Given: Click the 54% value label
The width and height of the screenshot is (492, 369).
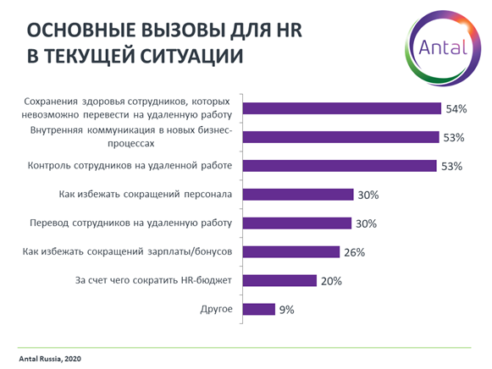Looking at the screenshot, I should coord(457,108).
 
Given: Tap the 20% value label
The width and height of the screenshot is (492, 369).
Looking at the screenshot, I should coord(332,281).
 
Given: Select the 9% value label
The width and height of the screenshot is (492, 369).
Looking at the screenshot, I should coord(286,310).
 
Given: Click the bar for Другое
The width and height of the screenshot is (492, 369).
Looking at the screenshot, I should coord(258,310).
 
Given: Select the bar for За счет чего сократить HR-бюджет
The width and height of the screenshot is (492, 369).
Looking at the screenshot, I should coord(279,281).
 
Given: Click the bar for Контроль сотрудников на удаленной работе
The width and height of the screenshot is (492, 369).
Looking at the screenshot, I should coord(340,166).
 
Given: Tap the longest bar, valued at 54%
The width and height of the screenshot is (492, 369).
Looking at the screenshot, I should coord(342,108).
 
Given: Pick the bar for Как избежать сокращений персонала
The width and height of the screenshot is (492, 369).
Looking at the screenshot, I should coord(297,195).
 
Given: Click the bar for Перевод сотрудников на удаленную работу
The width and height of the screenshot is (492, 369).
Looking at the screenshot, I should coord(297,223).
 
